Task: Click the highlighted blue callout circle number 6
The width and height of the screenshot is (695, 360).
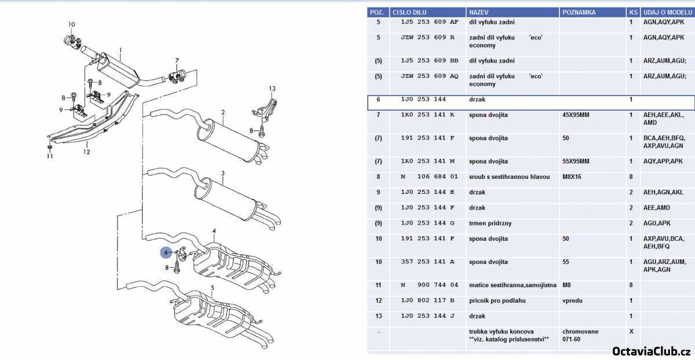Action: [166, 252]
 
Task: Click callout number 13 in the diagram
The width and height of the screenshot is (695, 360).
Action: [272, 89]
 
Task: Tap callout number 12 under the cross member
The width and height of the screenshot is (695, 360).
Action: [86, 152]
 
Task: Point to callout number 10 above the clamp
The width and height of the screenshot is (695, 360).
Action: [71, 24]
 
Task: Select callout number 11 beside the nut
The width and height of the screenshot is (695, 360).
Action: [50, 156]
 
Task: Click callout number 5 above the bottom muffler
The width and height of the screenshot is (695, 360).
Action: [213, 288]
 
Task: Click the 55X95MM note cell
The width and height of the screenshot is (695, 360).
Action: [576, 161]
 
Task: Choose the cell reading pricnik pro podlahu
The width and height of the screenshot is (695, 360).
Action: [497, 301]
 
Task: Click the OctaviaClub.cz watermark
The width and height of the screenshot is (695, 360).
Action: [652, 351]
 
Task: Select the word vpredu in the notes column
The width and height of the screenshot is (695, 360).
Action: [572, 301]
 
